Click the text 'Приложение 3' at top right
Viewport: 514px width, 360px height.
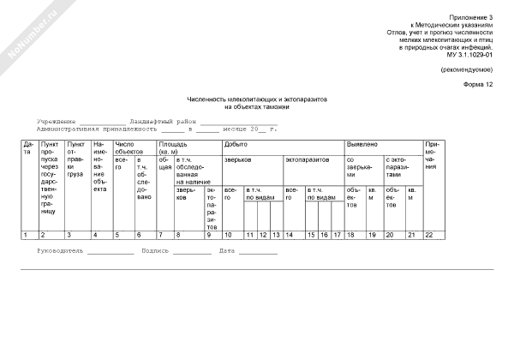(472, 18)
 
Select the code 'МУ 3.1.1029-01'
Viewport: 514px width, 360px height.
(469, 55)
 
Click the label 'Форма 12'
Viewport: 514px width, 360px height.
(478, 85)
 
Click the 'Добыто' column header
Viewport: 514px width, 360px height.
(234, 144)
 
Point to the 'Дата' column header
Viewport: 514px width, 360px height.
(28, 147)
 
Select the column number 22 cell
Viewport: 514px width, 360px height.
(429, 235)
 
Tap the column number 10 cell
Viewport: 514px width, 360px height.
(228, 235)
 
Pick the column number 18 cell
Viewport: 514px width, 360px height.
(351, 235)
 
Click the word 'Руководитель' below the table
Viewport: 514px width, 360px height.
(60, 251)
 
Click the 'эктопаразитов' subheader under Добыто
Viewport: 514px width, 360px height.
(304, 159)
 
